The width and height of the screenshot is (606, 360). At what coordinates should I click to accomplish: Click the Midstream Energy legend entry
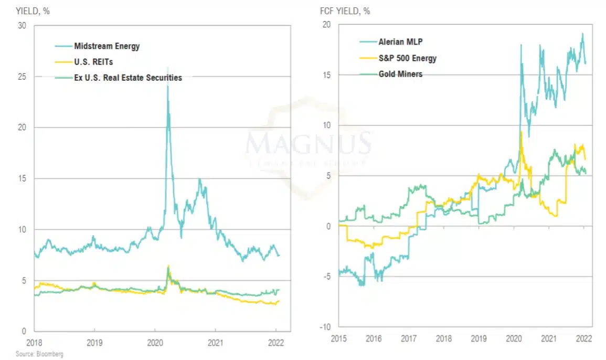click(107, 46)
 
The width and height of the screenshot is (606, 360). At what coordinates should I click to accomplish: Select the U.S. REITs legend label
click(93, 62)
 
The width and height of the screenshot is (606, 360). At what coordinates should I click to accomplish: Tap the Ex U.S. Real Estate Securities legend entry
click(127, 78)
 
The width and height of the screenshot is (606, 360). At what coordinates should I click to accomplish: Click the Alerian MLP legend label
click(400, 41)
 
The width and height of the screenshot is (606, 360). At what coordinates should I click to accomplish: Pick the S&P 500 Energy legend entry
click(407, 58)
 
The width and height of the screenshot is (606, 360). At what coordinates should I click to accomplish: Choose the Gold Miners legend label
click(400, 74)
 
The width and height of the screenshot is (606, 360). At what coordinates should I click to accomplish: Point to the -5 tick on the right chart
click(328, 277)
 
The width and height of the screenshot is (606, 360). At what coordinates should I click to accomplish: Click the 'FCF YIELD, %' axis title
click(344, 11)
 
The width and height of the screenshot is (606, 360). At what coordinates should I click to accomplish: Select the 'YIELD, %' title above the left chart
click(32, 11)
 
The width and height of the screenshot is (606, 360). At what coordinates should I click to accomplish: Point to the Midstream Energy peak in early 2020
click(168, 68)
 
